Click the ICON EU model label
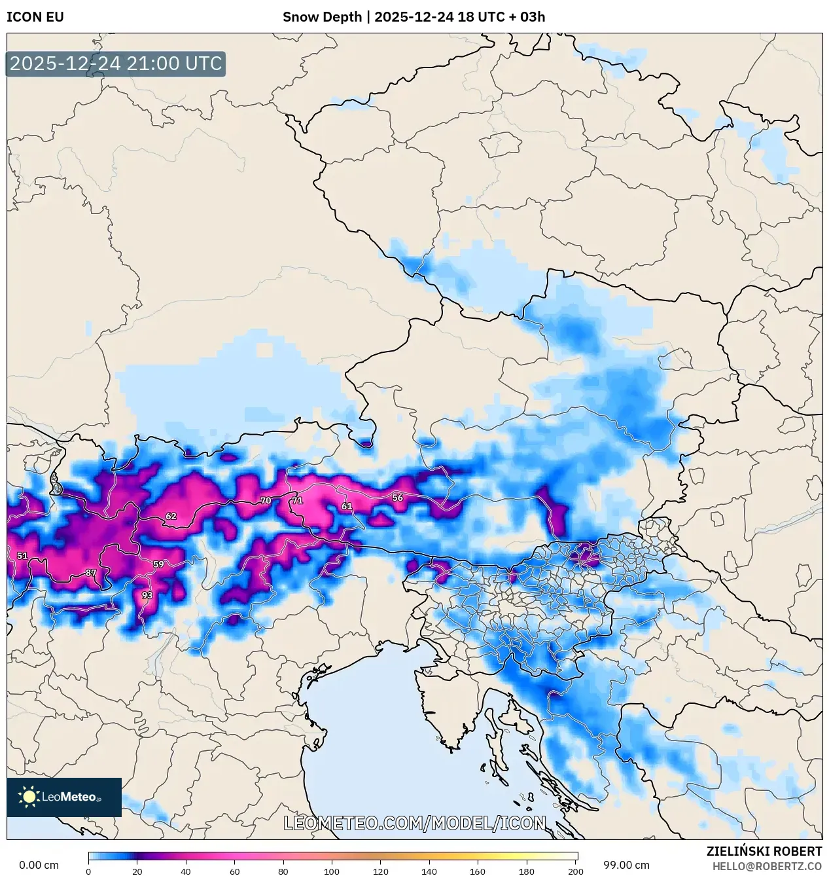[35, 17]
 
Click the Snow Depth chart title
[414, 17]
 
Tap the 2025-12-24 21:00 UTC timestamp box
[116, 64]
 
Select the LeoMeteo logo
[64, 797]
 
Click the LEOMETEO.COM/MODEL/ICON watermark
[414, 823]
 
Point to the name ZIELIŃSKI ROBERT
[764, 851]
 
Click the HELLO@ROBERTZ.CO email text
[767, 866]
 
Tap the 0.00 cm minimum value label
[39, 865]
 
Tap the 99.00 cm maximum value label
[626, 865]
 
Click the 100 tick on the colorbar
[332, 871]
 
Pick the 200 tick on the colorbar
[576, 871]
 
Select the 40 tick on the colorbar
[186, 871]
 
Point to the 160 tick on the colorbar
[478, 871]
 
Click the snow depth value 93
[147, 595]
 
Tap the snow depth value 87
[91, 573]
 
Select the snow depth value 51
[22, 556]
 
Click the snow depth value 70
[266, 501]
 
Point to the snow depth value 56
[398, 498]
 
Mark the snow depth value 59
[158, 564]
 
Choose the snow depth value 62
[171, 516]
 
